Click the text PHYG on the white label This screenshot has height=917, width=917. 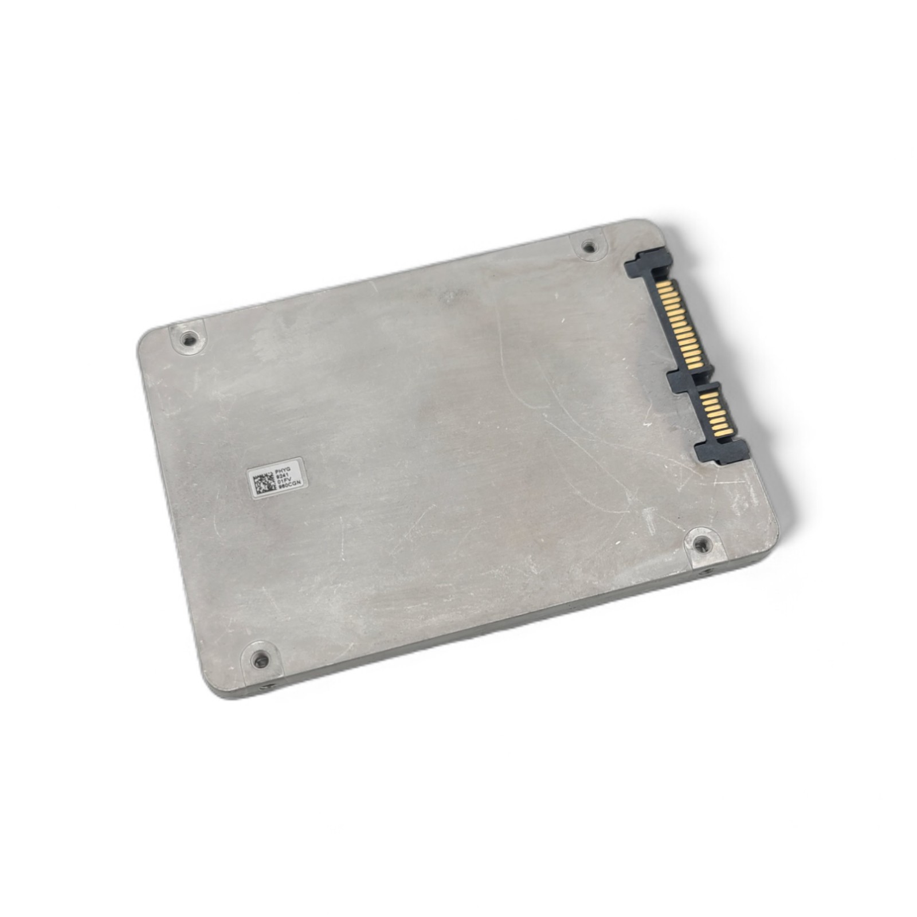[x=284, y=468]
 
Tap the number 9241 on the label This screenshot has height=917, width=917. [x=284, y=476]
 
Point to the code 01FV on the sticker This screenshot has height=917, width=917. [x=285, y=483]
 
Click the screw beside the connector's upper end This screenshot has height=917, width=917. [x=588, y=247]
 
